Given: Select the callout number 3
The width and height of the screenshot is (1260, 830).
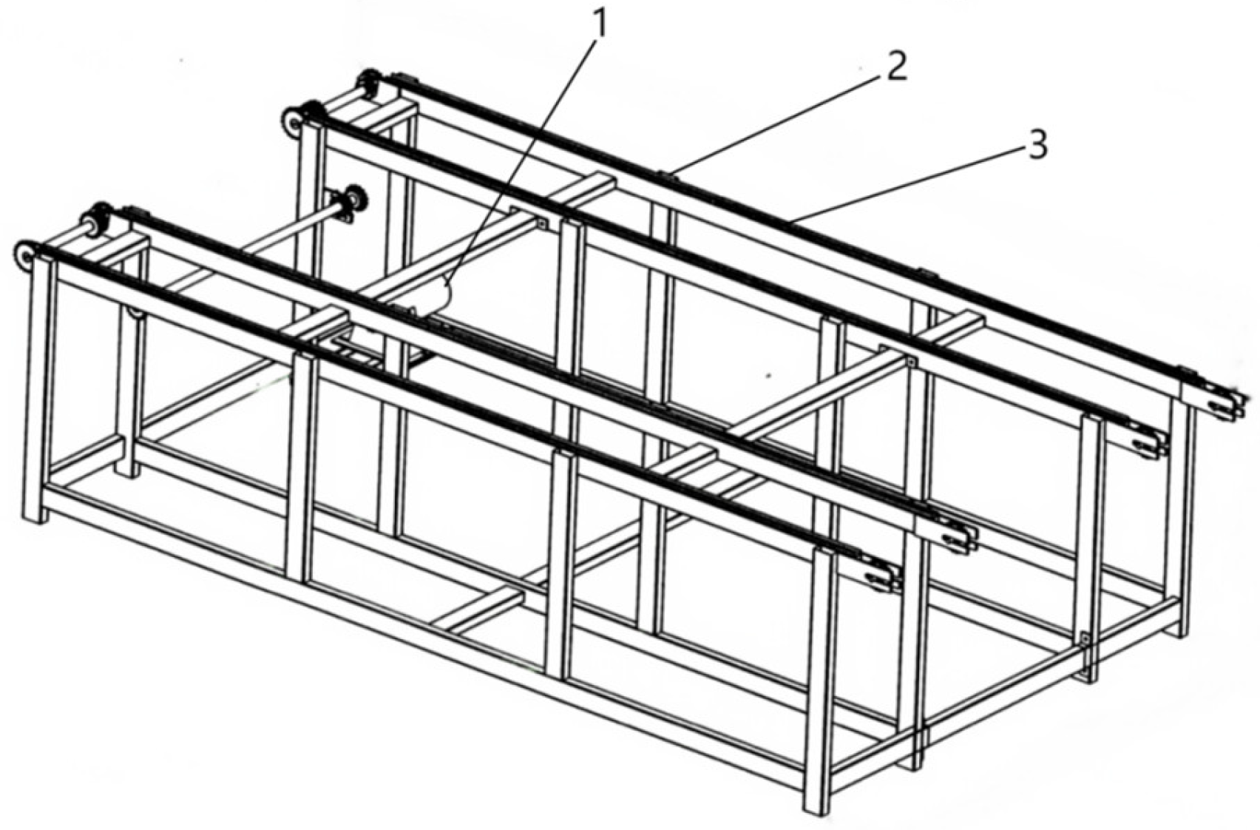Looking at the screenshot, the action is (1036, 144).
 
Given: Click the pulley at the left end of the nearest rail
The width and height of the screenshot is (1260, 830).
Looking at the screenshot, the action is (24, 255).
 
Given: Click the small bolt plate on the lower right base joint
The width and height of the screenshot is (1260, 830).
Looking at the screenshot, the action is (1085, 638).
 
